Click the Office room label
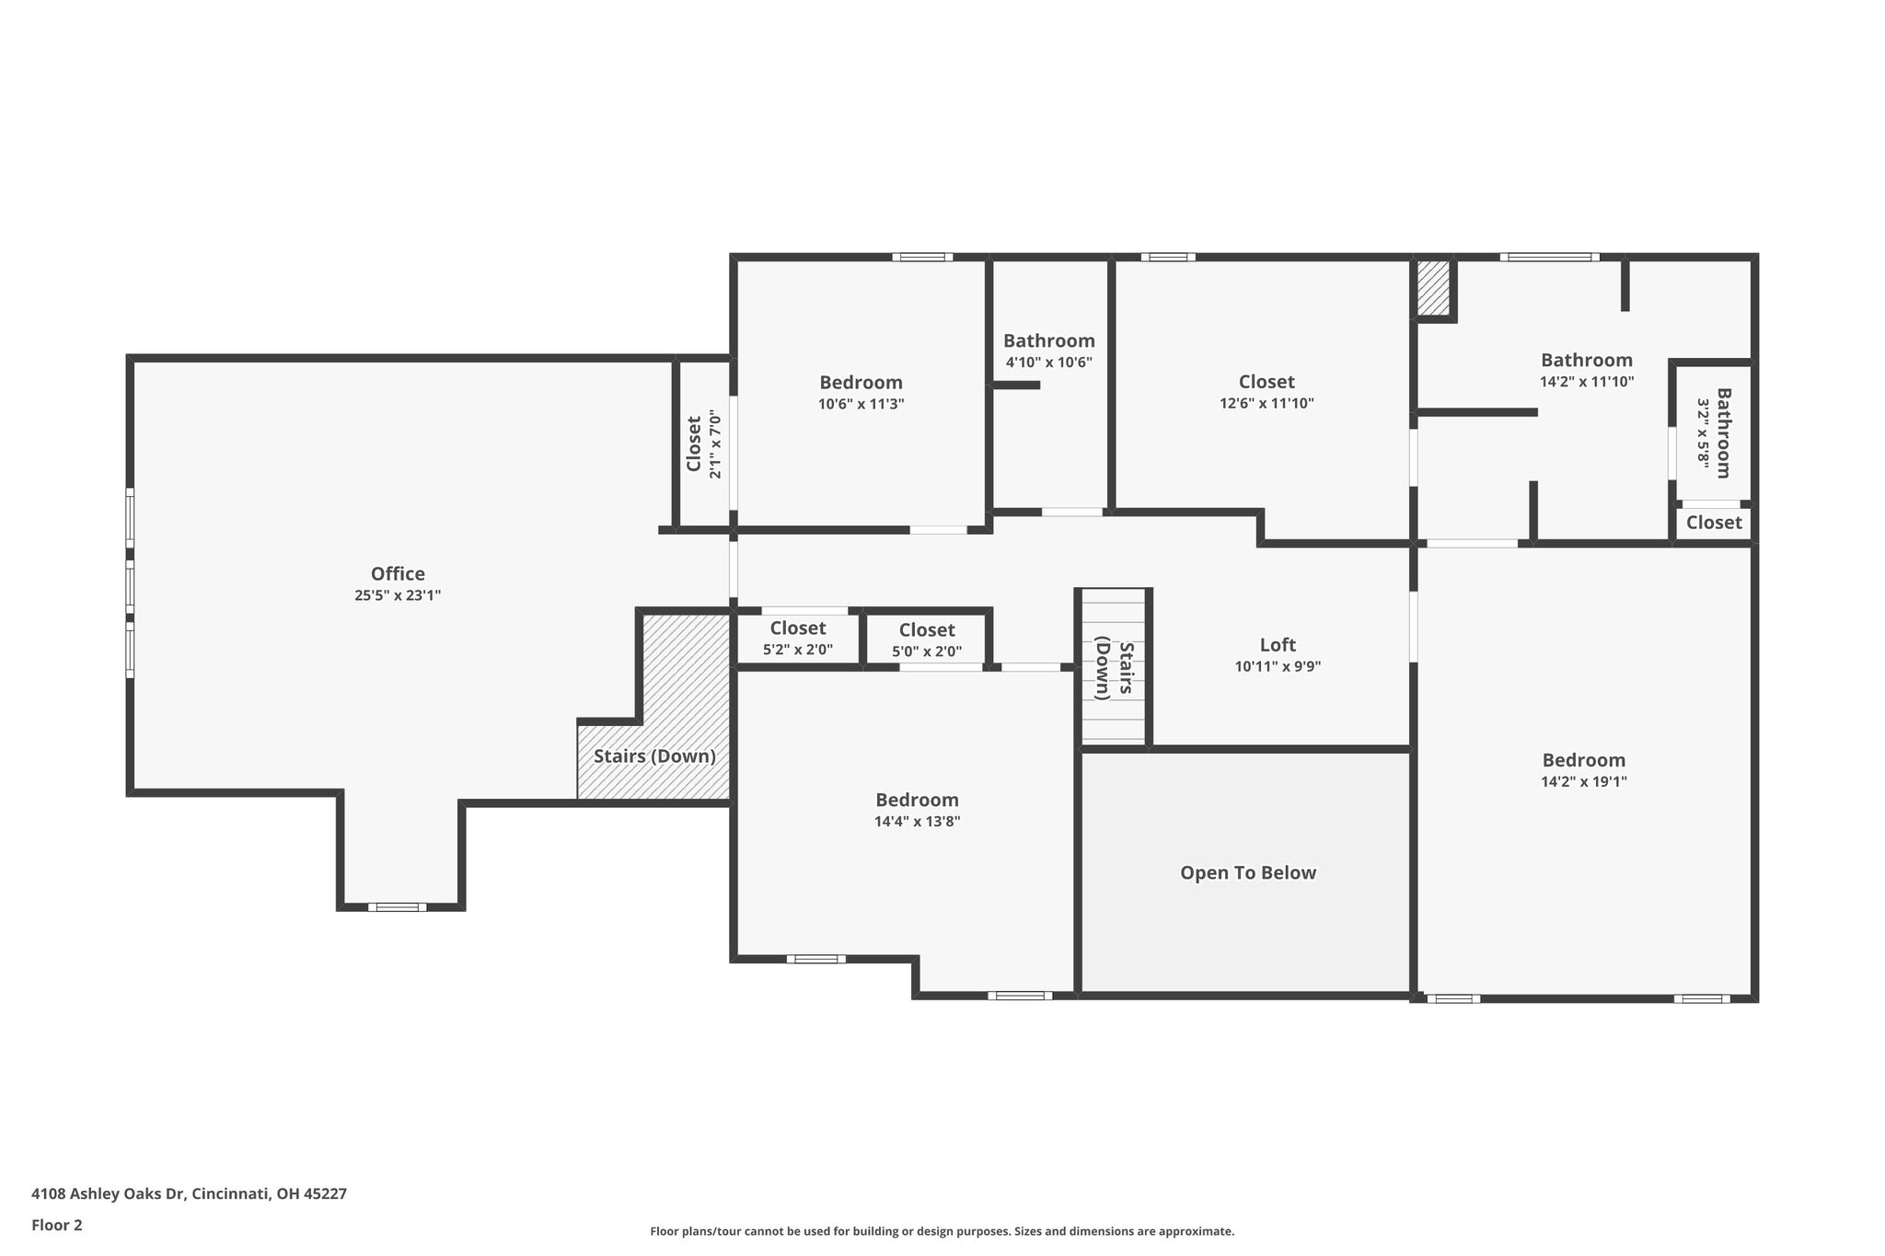[398, 574]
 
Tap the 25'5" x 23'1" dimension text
[398, 595]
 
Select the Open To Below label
[1248, 873]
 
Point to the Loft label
[1278, 645]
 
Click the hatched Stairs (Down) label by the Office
[654, 756]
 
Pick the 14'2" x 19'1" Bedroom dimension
[1584, 782]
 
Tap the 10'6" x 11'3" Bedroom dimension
[862, 404]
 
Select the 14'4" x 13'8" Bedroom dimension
[918, 822]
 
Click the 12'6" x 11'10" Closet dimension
[1266, 403]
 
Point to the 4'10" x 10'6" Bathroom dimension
[1049, 363]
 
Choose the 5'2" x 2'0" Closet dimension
[798, 650]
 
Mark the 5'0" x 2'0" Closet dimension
[927, 651]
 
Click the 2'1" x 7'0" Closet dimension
[715, 444]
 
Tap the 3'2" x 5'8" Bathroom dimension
[1704, 434]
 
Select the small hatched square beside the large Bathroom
[1433, 288]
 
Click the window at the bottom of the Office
[398, 907]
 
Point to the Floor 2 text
[57, 1225]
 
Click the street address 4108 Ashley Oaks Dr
[108, 1193]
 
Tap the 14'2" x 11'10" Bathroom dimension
[1587, 382]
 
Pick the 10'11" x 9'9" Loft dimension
[1278, 666]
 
